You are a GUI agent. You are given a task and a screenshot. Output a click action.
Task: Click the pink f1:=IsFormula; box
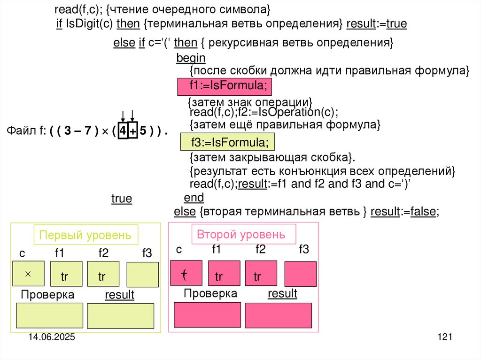(225, 87)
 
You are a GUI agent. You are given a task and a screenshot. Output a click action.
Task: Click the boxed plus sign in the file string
(133, 132)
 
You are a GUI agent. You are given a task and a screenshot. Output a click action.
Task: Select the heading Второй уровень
(240, 234)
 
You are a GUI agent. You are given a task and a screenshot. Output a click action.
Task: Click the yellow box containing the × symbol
(28, 273)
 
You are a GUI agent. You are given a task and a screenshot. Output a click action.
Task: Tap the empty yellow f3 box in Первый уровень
(142, 275)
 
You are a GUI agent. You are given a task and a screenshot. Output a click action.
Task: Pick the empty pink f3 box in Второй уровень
(300, 274)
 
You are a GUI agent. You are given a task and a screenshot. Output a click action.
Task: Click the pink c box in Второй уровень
(186, 273)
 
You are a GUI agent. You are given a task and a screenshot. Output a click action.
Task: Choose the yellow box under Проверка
(49, 315)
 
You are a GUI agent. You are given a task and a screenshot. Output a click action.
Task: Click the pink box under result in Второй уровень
(278, 315)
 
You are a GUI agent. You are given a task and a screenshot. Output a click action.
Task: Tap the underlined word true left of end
(122, 199)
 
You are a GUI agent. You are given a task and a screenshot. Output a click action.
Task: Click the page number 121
(444, 337)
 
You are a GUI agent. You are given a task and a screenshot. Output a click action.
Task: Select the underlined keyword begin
(191, 58)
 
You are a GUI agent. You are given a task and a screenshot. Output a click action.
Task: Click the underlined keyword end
(194, 197)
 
